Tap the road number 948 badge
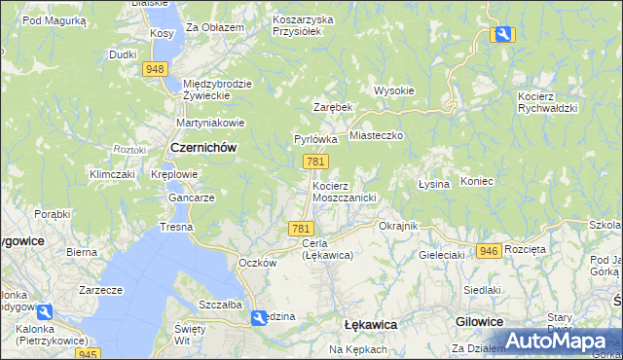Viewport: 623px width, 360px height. [x=155, y=69]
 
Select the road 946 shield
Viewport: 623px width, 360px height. [x=489, y=251]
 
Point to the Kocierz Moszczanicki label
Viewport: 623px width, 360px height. [x=344, y=191]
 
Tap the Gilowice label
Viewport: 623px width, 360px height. [x=479, y=321]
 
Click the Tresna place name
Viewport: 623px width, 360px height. [x=177, y=227]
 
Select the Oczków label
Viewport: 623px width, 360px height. [x=258, y=263]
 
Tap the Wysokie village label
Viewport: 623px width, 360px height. [x=394, y=90]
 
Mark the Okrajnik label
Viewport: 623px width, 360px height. [x=397, y=226]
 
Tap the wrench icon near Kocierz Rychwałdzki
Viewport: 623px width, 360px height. [x=502, y=35]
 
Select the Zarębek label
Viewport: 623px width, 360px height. [x=331, y=106]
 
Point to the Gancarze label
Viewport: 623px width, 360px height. [x=191, y=197]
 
